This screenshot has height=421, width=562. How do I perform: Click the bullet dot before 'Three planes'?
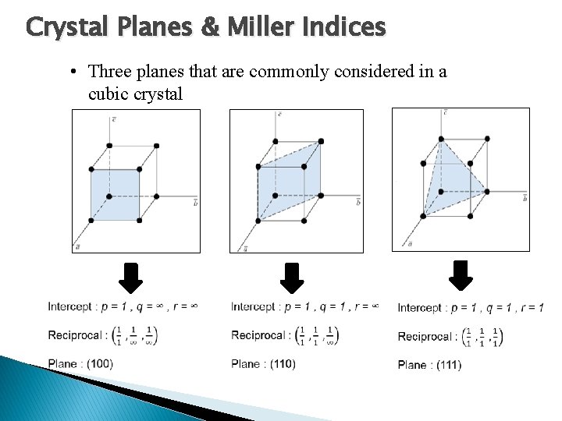coord(71,73)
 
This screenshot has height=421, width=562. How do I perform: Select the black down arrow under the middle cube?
coord(292,277)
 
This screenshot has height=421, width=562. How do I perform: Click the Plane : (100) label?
coord(80,363)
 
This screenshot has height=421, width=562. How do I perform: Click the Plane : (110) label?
coord(263,363)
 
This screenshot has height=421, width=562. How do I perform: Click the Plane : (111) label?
coord(429,364)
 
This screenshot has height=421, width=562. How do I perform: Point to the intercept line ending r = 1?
coord(471,307)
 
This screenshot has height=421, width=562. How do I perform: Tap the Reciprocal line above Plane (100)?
coord(102,335)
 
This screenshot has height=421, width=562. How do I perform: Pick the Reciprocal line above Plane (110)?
coord(285,335)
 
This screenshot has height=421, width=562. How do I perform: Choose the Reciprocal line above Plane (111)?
coord(450,336)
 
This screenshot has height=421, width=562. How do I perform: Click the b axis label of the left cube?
coord(194,201)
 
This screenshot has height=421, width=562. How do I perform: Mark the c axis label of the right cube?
coord(444,114)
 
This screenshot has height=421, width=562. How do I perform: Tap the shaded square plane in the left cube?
coord(116,195)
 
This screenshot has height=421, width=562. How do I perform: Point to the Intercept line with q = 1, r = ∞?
coord(304,306)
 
